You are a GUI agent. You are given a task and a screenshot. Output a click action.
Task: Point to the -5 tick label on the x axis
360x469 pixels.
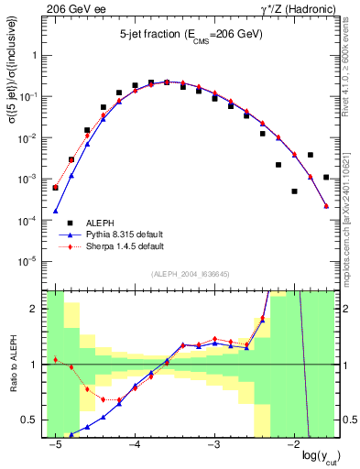[x=55, y=444]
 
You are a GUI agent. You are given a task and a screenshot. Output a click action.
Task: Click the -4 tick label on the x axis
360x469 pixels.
[x=135, y=444]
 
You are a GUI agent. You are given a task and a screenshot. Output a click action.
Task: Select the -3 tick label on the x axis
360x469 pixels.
[x=214, y=444]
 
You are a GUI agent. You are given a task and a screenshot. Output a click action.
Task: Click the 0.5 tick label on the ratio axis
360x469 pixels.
[x=34, y=420]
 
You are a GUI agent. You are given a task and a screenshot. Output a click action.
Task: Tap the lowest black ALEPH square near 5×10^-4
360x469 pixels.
[x=294, y=191]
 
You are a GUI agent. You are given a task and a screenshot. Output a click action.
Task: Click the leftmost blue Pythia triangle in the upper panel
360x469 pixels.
[x=55, y=211]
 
